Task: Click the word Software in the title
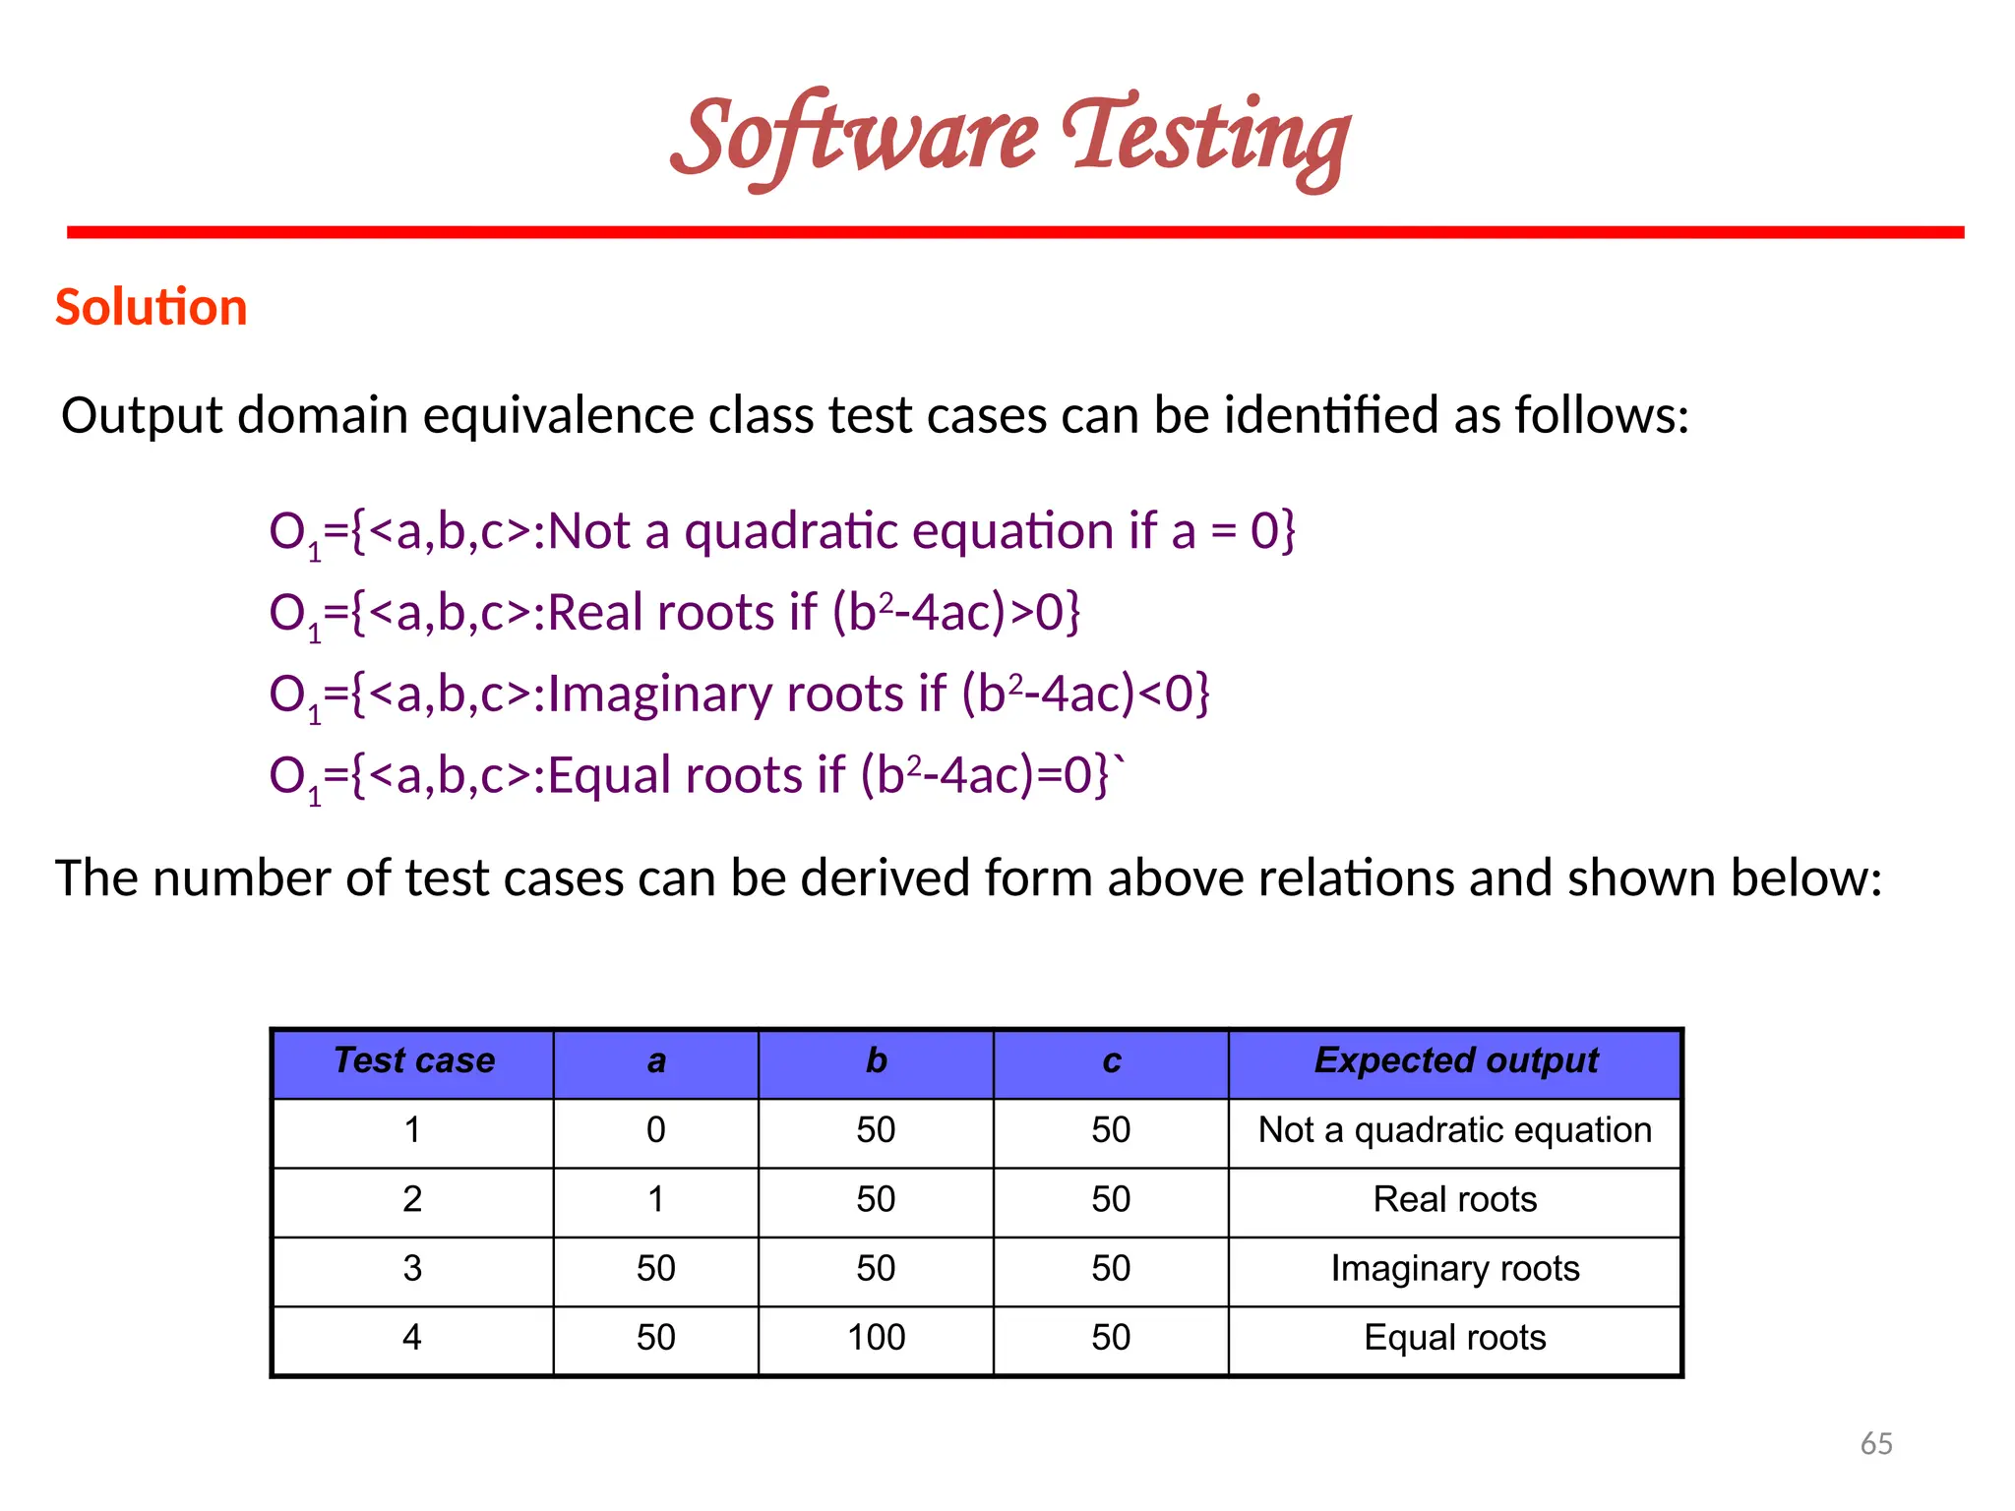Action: point(854,138)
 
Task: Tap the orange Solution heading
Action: point(151,307)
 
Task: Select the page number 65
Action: point(1876,1443)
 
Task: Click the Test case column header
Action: point(413,1060)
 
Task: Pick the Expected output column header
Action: point(1455,1060)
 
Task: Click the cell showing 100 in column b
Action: point(876,1337)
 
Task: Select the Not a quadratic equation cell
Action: point(1455,1129)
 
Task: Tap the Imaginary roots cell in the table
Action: point(1455,1268)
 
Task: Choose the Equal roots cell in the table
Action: point(1455,1337)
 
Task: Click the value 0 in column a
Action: point(656,1129)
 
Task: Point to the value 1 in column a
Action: point(656,1199)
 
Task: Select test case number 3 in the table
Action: point(412,1268)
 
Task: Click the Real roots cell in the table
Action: point(1455,1199)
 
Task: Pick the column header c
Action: point(1111,1060)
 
